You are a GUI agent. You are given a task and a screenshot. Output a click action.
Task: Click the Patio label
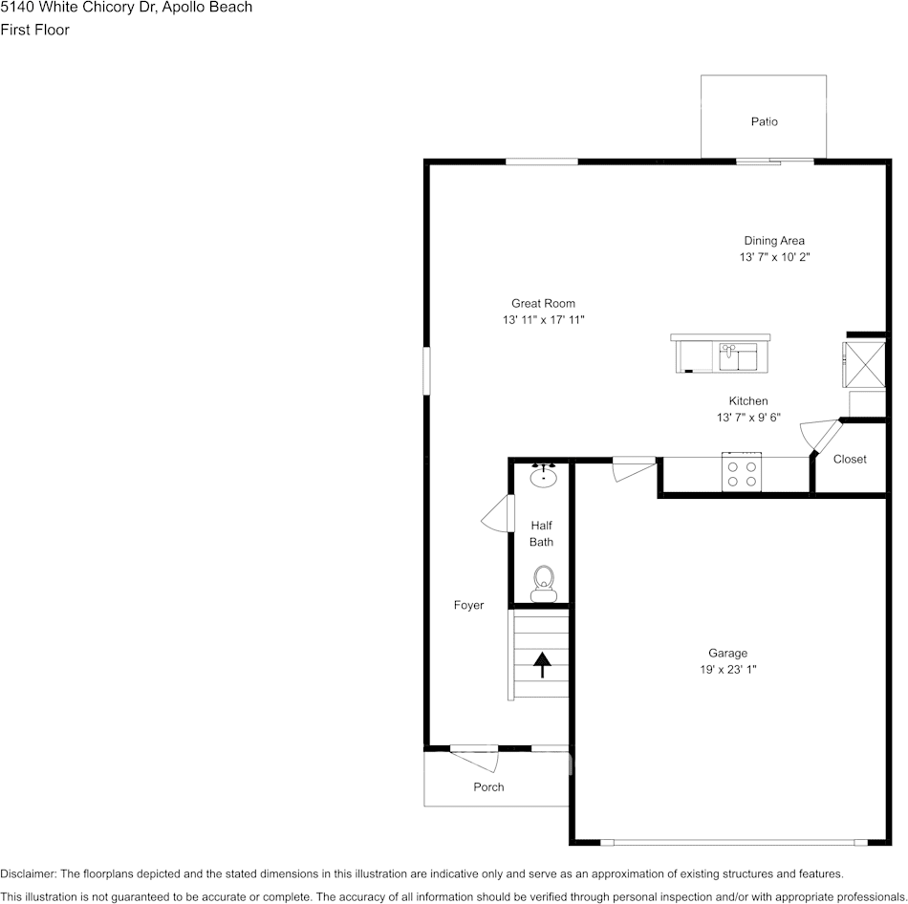pyautogui.click(x=764, y=121)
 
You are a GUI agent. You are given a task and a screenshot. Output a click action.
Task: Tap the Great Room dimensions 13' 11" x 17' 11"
pyautogui.click(x=543, y=320)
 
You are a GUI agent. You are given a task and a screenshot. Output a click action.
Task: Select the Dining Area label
pyautogui.click(x=773, y=240)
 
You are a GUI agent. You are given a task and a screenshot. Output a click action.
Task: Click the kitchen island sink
pyautogui.click(x=738, y=356)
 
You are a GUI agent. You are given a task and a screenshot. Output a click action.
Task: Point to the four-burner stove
pyautogui.click(x=742, y=472)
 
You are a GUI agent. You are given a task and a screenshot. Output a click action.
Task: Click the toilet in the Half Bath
pyautogui.click(x=544, y=584)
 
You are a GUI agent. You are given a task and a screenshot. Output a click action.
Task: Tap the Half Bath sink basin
pyautogui.click(x=543, y=477)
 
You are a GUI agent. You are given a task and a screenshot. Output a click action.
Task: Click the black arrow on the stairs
pyautogui.click(x=542, y=665)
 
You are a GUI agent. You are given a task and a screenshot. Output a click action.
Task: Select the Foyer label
pyautogui.click(x=468, y=605)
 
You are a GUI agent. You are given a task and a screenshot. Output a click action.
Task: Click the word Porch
pyautogui.click(x=488, y=787)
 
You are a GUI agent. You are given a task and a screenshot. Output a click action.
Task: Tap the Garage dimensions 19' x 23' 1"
pyautogui.click(x=728, y=670)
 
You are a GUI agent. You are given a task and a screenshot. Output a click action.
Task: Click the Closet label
pyautogui.click(x=850, y=460)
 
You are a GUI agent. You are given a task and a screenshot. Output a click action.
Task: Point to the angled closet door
pyautogui.click(x=820, y=436)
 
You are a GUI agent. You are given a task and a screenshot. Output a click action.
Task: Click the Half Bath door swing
pyautogui.click(x=497, y=513)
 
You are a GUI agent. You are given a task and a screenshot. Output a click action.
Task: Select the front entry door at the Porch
pyautogui.click(x=474, y=759)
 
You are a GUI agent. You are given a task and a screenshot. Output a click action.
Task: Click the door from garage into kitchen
pyautogui.click(x=634, y=468)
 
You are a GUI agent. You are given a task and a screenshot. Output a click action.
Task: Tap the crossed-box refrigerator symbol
pyautogui.click(x=863, y=365)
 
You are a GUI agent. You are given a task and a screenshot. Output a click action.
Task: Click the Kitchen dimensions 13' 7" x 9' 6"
pyautogui.click(x=748, y=418)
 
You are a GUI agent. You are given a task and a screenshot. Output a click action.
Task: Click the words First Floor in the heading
pyautogui.click(x=34, y=30)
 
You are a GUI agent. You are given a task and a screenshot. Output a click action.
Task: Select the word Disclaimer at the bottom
pyautogui.click(x=29, y=873)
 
